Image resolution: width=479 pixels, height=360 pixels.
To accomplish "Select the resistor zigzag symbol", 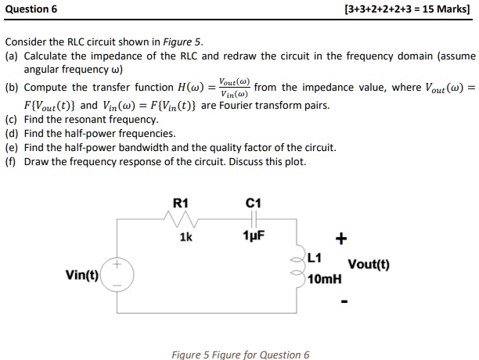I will point(181,220).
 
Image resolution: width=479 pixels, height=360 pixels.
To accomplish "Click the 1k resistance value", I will point(185,236).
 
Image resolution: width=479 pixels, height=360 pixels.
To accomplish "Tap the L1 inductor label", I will point(314,257).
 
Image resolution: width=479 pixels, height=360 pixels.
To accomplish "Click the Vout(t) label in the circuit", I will point(369,265).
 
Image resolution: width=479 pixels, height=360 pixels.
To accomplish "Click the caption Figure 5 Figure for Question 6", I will point(240,355).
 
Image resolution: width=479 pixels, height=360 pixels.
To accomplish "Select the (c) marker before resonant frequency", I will point(11,120).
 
